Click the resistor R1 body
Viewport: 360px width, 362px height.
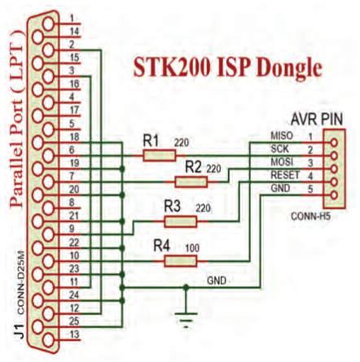tap(159, 156)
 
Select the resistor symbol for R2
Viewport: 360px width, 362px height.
tap(191, 182)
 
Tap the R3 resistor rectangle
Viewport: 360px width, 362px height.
tap(180, 221)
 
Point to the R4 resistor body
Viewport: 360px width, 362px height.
tap(180, 261)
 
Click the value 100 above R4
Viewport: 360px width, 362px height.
tap(192, 248)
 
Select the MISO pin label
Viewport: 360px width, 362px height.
tap(282, 136)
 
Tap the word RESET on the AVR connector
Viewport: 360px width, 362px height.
tap(285, 175)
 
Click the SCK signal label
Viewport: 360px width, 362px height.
tap(279, 149)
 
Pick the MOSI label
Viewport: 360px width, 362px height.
tap(282, 162)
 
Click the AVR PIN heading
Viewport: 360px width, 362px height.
tap(317, 120)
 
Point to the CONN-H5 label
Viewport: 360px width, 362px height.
tap(310, 216)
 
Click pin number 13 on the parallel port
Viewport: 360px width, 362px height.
tap(74, 334)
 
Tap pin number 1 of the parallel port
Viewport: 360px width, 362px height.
tap(72, 19)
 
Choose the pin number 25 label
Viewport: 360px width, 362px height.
tap(74, 321)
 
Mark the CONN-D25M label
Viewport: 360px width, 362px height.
tap(22, 282)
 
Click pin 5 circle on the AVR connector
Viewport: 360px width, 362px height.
tap(334, 195)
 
